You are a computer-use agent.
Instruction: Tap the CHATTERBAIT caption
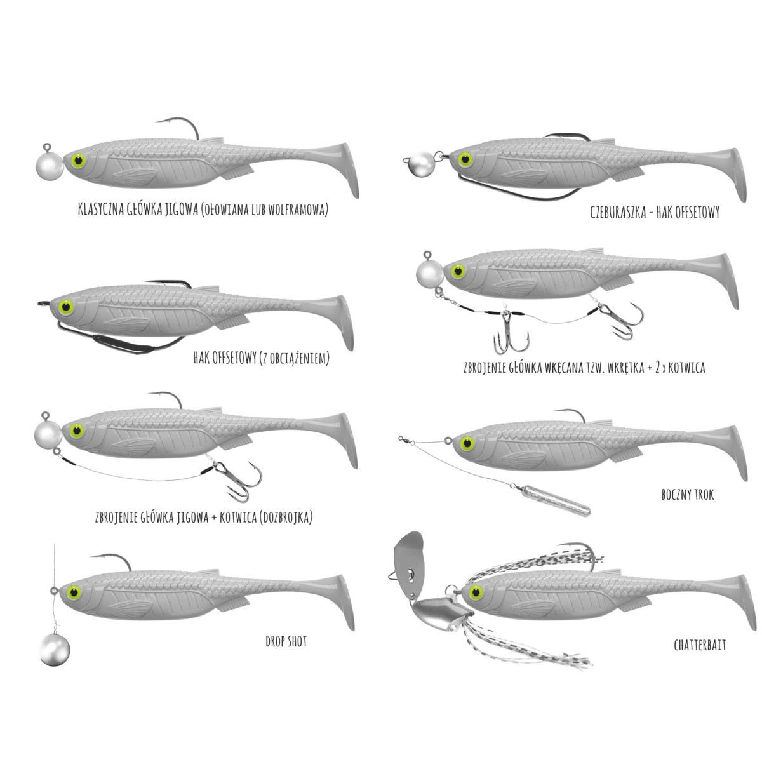tap(700, 646)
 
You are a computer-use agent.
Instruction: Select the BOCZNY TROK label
tap(688, 494)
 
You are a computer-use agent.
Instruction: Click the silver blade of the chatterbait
tap(408, 556)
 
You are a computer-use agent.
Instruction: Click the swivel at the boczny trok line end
tap(402, 438)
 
